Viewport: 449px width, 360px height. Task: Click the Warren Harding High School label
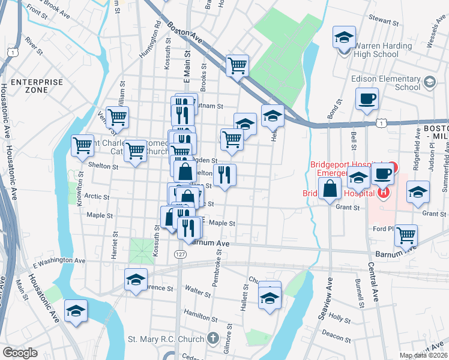pos(376,50)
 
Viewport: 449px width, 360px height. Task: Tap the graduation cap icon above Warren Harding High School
pos(344,38)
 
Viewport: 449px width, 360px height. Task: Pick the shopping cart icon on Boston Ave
pos(238,65)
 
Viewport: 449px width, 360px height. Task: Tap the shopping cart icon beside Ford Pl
pos(406,235)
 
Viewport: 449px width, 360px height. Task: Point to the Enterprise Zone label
pos(37,86)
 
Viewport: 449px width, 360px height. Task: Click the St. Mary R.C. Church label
pos(166,339)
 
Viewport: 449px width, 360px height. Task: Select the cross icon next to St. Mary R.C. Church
pos(212,339)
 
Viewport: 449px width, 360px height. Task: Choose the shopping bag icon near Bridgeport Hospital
pos(330,189)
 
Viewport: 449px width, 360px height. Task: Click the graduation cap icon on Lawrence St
pos(136,280)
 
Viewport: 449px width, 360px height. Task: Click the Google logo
pos(20,352)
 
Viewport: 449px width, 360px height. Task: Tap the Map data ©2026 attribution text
pos(423,355)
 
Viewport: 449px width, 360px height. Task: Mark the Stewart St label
pos(385,22)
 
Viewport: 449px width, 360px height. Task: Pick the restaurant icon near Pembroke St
pos(224,175)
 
